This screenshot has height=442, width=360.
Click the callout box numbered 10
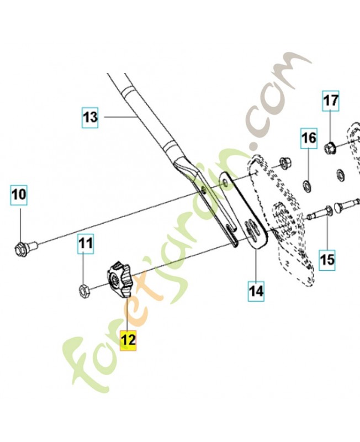pyautogui.click(x=19, y=195)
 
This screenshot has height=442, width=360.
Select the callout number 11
pyautogui.click(x=86, y=243)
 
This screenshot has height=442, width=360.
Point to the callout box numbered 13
pyautogui.click(x=89, y=117)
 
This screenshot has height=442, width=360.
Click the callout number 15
pyautogui.click(x=327, y=259)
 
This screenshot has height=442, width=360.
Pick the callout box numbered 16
pyautogui.click(x=309, y=138)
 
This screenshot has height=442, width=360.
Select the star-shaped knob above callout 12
pyautogui.click(x=117, y=279)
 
